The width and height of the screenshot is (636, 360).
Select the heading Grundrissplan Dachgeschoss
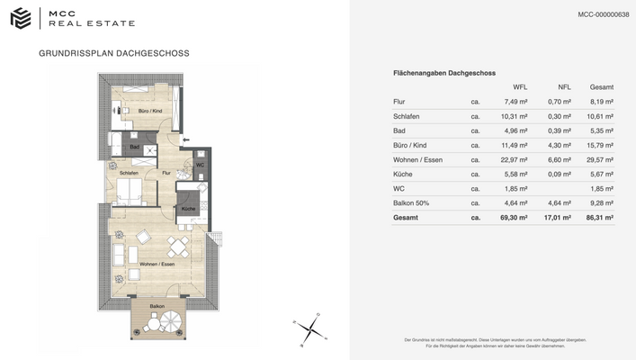coord(114,53)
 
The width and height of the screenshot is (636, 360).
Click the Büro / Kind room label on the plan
coord(148,110)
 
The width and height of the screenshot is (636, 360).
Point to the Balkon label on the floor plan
coord(157,307)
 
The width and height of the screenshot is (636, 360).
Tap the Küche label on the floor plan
coord(187,209)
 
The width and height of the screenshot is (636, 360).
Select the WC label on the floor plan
coord(200,165)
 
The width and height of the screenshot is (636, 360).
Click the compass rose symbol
coord(308,328)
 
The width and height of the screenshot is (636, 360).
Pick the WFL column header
coord(520,87)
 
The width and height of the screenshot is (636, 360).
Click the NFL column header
coord(564,87)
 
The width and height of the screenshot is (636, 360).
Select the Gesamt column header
coord(602,87)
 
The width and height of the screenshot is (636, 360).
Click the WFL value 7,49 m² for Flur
coord(515,102)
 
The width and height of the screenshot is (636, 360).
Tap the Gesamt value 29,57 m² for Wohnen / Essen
coord(600,159)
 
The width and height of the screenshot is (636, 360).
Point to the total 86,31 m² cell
coord(600,218)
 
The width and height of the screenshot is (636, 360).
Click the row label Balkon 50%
coord(411,203)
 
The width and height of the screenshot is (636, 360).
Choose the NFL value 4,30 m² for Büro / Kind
coord(560,145)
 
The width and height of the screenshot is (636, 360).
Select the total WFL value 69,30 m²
coord(515,218)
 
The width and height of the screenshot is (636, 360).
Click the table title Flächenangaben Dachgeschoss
coord(444,72)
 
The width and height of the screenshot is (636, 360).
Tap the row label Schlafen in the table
coord(407,116)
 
